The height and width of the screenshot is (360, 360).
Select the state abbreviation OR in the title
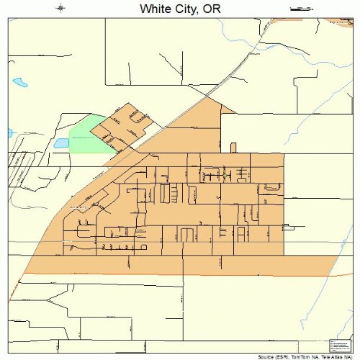pyautogui.click(x=211, y=9)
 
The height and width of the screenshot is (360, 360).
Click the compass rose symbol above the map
pyautogui.click(x=60, y=9)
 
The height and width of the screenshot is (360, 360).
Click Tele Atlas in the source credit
pyautogui.click(x=329, y=356)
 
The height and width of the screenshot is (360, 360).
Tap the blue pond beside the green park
pyautogui.click(x=61, y=143)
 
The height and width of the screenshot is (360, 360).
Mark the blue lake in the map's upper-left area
pyautogui.click(x=20, y=83)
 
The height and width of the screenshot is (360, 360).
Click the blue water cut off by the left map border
pyautogui.click(x=10, y=133)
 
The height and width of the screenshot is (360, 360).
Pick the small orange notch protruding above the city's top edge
pyautogui.click(x=233, y=148)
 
